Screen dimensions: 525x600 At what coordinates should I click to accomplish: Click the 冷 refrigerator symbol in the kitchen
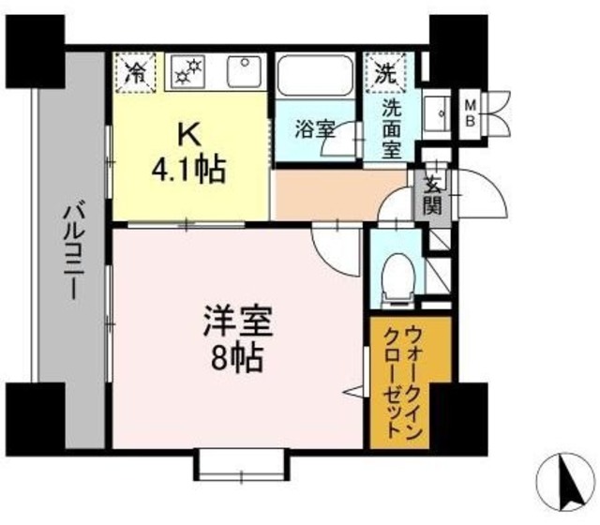point(135,71)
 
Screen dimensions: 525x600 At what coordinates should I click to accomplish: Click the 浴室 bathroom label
point(314,129)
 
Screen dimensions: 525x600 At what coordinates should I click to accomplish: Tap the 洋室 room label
point(237,323)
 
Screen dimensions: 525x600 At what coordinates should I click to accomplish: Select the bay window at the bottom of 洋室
point(239,465)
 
